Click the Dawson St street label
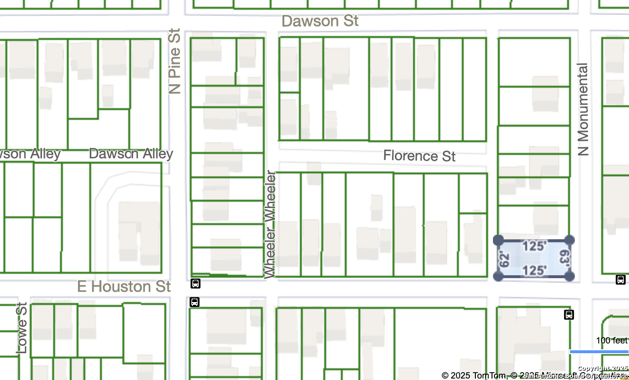[320, 21]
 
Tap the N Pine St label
[175, 61]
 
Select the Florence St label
[419, 156]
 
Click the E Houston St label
[124, 286]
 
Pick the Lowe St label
[22, 327]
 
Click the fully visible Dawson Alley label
[131, 154]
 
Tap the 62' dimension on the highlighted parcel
[504, 258]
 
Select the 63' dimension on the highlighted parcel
[564, 258]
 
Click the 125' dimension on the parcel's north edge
[534, 246]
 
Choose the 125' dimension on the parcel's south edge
[534, 270]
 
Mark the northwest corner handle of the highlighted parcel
[498, 240]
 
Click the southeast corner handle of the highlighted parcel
[569, 276]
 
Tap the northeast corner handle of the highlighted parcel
[570, 240]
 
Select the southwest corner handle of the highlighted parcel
[498, 276]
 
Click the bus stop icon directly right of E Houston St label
[195, 284]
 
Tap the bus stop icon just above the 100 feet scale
[569, 315]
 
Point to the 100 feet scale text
[611, 341]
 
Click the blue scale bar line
[599, 351]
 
